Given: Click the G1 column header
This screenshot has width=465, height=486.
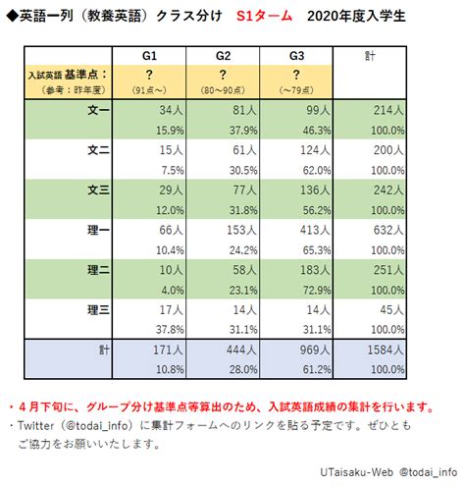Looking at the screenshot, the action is [x=149, y=56].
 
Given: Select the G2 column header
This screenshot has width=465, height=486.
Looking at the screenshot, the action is [x=223, y=56].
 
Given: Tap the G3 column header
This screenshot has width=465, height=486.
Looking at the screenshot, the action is [x=296, y=56].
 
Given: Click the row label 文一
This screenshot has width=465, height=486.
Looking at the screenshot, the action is [x=98, y=110].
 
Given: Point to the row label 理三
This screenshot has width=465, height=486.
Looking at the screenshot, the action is [x=98, y=309].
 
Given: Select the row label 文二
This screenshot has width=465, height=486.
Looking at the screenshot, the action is [x=98, y=150].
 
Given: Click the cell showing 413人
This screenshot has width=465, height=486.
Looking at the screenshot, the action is [x=315, y=230].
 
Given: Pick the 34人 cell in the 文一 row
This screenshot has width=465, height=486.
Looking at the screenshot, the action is [x=171, y=110].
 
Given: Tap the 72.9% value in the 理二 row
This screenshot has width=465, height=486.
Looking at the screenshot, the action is [x=317, y=291].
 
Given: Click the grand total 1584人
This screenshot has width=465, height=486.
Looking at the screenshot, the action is [x=386, y=350].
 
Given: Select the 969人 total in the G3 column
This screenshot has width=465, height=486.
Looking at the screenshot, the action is [x=315, y=350].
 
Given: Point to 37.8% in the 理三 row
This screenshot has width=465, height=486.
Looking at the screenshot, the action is [x=170, y=330].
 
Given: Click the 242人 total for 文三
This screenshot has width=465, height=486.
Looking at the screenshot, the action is [x=388, y=190].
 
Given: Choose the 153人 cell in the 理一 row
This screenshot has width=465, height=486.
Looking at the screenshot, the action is [x=241, y=230].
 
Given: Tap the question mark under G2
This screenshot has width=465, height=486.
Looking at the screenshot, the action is [x=223, y=75].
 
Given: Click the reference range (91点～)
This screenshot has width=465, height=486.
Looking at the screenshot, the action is [x=149, y=90].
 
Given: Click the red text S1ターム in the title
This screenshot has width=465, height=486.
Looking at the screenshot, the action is [x=264, y=16].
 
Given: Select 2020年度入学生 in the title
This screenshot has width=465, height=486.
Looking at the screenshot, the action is [x=356, y=16].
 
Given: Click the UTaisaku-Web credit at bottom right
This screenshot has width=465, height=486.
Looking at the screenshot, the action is [x=356, y=472].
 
